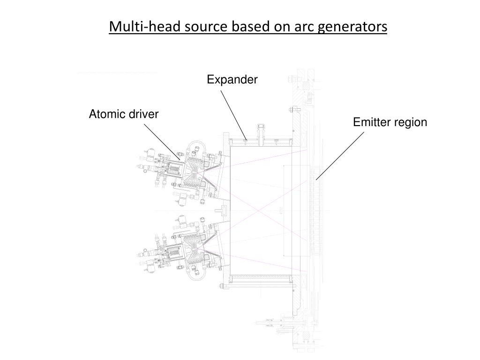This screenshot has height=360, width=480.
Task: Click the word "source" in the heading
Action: [x=199, y=27]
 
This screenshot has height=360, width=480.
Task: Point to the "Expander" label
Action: [x=232, y=80]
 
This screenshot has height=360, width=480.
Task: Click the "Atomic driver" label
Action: [x=124, y=114]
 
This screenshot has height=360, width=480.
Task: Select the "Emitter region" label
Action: [x=390, y=122]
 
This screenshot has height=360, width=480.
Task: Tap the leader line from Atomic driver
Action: [x=161, y=141]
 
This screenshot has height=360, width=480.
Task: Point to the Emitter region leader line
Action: [x=340, y=156]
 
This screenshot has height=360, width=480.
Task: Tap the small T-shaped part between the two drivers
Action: [x=224, y=210]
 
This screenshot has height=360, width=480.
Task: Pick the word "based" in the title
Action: [x=249, y=27]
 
